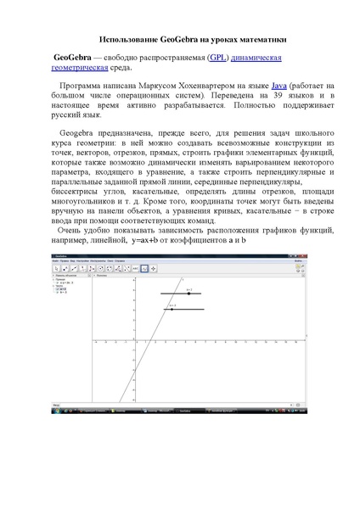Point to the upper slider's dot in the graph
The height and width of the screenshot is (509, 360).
188,294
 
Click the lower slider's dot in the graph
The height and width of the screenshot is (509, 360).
172,310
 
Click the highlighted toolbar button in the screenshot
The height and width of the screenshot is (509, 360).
144,268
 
